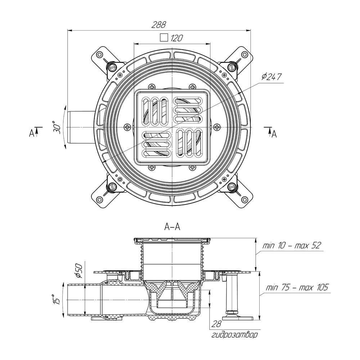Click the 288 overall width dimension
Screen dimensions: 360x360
click(x=158, y=24)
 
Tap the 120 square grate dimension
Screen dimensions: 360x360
click(x=176, y=38)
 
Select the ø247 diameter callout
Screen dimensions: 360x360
click(x=271, y=77)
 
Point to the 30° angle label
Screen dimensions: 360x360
click(x=57, y=127)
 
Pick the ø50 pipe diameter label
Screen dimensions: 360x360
click(x=78, y=270)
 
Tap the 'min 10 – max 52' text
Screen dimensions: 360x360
click(x=291, y=246)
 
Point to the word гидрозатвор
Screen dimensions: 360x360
click(x=234, y=335)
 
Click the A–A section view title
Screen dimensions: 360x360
click(x=172, y=227)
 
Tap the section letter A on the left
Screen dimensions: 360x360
click(x=31, y=133)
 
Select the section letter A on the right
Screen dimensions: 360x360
click(x=274, y=134)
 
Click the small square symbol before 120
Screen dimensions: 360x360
click(x=164, y=37)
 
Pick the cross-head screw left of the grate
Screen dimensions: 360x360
click(x=127, y=127)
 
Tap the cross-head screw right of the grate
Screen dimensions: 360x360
click(x=216, y=127)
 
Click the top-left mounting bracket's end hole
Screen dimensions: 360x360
click(x=99, y=55)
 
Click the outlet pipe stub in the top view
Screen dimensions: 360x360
click(x=81, y=127)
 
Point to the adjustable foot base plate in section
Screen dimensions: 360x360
click(x=238, y=318)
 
